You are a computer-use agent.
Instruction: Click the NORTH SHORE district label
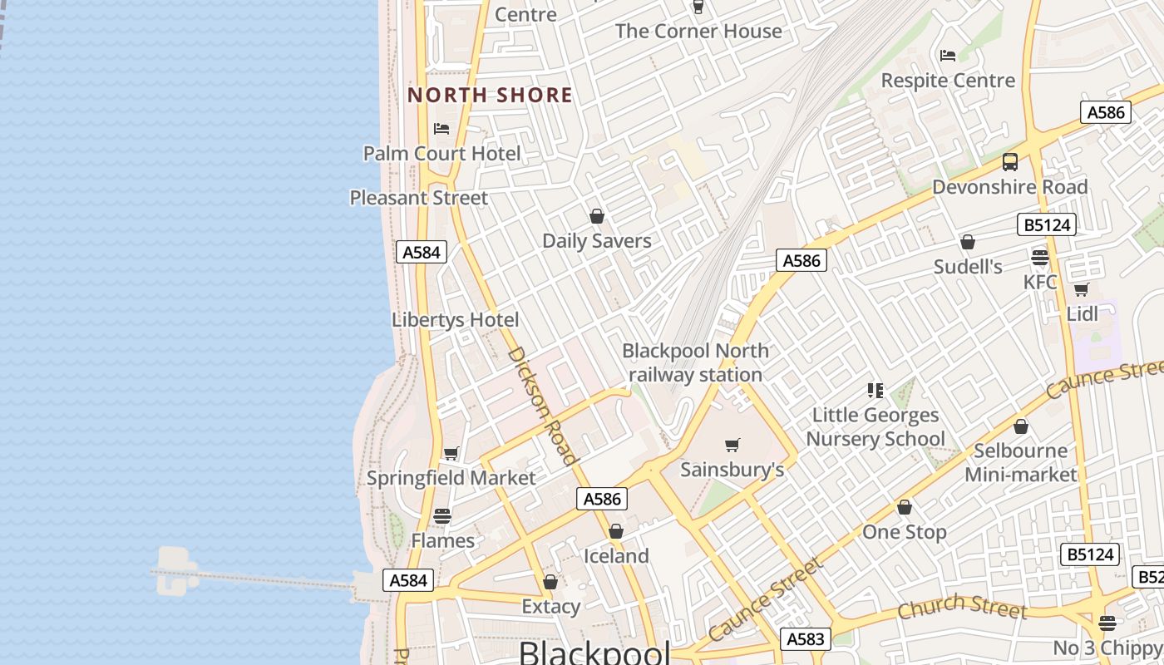490,95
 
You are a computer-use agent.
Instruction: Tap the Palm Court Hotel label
441,154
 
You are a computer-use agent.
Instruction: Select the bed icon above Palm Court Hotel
441,129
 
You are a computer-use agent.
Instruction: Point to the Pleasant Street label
418,198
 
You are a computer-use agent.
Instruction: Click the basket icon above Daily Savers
596,217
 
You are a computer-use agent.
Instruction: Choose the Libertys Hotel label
455,320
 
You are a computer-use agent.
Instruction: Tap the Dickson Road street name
541,405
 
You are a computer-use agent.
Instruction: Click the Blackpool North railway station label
695,363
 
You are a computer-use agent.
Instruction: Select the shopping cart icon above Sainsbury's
732,446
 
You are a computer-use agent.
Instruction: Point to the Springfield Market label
451,479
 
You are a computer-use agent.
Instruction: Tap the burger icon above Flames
442,516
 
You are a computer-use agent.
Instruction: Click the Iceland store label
616,556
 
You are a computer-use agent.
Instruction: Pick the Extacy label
550,607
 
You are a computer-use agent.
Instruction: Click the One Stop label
905,532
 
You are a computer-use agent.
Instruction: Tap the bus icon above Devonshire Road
1009,162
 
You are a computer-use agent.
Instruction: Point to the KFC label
1040,282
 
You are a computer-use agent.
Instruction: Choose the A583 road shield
806,638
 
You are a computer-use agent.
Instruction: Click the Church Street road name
962,607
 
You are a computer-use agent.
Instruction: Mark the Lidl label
1082,314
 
